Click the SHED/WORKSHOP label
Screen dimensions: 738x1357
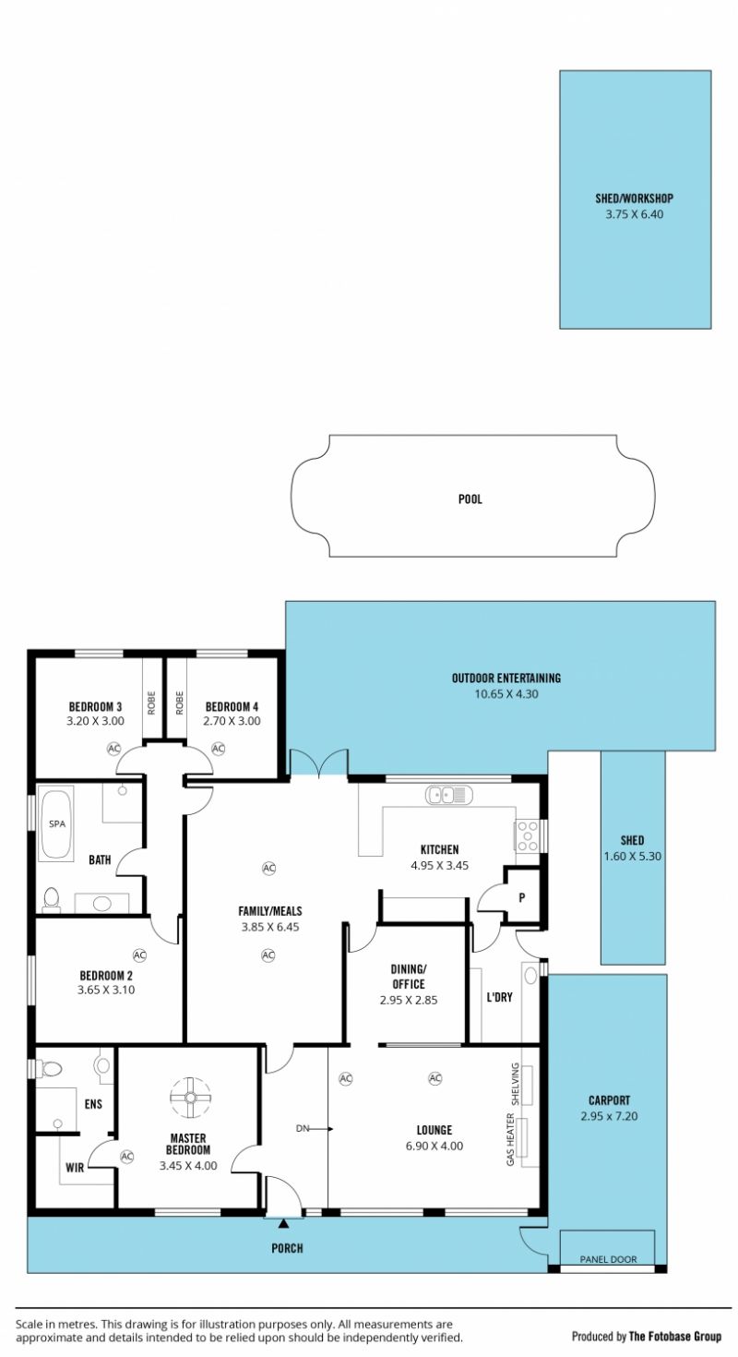point(634,198)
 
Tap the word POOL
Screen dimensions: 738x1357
point(470,499)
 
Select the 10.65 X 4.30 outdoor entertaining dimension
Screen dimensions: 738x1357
point(506,693)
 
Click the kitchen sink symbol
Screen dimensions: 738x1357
point(448,794)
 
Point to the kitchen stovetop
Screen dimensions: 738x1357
point(527,835)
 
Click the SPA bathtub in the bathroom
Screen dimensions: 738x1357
point(56,823)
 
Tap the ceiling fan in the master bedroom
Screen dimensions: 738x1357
point(190,1097)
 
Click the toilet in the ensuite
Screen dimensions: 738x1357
point(49,1068)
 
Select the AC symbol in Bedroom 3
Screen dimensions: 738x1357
point(113,749)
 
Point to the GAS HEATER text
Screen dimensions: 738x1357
point(510,1139)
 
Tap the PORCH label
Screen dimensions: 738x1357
point(287,1248)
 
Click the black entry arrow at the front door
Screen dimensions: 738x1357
point(283,1224)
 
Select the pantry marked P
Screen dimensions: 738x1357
point(522,897)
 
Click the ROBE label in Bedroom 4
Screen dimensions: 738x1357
point(180,703)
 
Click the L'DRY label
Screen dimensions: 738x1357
point(499,997)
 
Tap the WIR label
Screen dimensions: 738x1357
point(75,1168)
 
